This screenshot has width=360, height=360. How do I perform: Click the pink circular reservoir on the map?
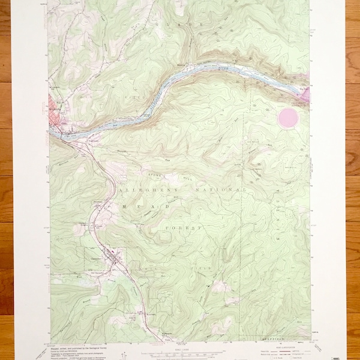[288, 118]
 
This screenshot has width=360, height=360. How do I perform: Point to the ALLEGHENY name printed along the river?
[157, 94]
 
